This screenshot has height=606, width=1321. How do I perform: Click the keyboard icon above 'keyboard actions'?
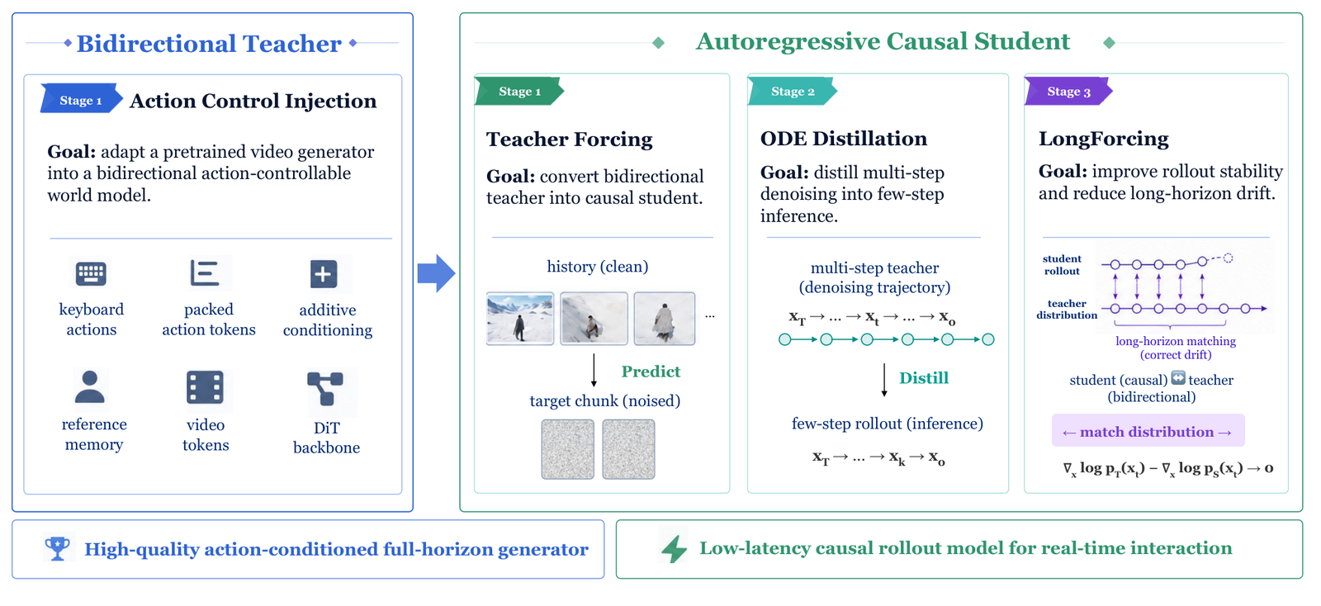point(91,273)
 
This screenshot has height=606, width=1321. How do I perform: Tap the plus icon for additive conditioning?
point(324,274)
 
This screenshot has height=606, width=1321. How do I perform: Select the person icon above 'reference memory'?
point(90,387)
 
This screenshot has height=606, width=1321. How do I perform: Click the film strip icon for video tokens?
point(205,387)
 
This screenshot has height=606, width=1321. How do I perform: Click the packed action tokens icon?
point(205,273)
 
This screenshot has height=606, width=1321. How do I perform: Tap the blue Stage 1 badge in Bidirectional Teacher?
point(81,99)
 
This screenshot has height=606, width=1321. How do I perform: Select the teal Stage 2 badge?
point(792,92)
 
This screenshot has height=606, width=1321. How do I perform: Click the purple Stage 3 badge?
point(1068,92)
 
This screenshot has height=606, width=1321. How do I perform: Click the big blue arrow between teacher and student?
point(437,273)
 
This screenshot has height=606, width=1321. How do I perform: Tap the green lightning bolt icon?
point(674,548)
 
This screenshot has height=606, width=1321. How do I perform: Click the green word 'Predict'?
point(651,372)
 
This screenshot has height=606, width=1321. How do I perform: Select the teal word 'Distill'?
point(924,378)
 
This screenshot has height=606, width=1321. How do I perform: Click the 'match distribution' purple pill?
point(1148,431)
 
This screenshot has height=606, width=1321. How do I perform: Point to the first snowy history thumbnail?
point(520,319)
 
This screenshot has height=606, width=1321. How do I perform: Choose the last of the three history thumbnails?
point(665,319)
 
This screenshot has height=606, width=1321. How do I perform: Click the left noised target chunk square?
point(568,449)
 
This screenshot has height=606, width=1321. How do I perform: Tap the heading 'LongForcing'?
point(1103,139)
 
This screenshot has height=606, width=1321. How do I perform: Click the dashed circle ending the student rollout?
point(1228,258)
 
